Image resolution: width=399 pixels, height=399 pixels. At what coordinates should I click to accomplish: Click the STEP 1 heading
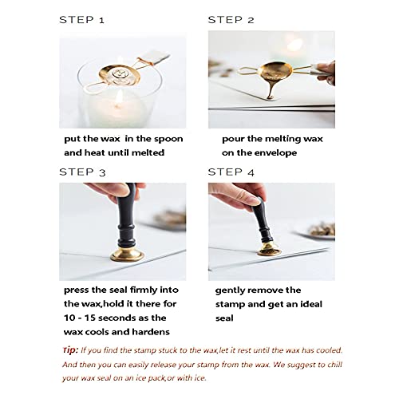[x=81, y=20]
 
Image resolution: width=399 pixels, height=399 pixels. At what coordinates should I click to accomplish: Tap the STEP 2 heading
[x=231, y=20]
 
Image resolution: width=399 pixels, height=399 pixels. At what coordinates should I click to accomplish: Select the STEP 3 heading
[x=82, y=172]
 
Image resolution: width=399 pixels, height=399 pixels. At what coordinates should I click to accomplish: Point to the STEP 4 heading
[x=231, y=172]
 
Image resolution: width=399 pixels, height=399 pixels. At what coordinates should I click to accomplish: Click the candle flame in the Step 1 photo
[x=120, y=98]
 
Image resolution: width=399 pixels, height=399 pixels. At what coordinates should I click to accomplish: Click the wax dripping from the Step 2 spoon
[x=271, y=88]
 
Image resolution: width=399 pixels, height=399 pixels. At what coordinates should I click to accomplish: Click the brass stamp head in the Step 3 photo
[x=127, y=254]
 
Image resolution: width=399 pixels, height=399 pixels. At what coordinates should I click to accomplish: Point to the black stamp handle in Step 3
[x=127, y=215]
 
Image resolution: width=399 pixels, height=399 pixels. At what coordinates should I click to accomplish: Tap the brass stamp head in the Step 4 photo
[x=269, y=250]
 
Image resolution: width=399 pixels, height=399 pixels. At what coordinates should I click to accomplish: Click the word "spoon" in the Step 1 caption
[x=168, y=139]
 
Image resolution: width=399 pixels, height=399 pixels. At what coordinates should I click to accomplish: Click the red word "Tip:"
[x=70, y=350]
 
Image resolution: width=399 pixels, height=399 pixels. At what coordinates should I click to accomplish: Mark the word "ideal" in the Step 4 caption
[x=311, y=304]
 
